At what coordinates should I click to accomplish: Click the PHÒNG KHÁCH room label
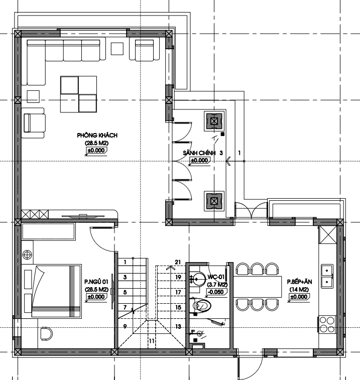click(97, 135)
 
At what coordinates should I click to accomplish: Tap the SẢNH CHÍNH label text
click(199, 153)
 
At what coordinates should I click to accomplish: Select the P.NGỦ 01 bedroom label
click(96, 282)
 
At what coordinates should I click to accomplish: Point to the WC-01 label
click(216, 277)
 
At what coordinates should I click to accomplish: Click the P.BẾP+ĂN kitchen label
click(299, 282)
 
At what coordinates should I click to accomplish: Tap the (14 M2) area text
click(299, 290)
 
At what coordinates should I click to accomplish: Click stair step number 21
click(178, 262)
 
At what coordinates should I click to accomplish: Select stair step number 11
click(152, 341)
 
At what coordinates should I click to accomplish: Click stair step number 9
click(125, 326)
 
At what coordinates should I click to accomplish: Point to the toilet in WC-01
click(201, 306)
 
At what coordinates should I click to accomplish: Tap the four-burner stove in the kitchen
click(327, 325)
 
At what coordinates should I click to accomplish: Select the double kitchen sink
click(327, 276)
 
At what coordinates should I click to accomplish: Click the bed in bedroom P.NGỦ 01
click(56, 291)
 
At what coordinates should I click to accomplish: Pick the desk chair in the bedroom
click(46, 334)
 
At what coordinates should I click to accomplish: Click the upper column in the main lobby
click(214, 121)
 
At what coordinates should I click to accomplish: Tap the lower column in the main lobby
click(214, 201)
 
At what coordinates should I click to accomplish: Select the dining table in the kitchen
click(257, 287)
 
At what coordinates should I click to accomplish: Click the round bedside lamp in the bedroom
click(27, 255)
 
